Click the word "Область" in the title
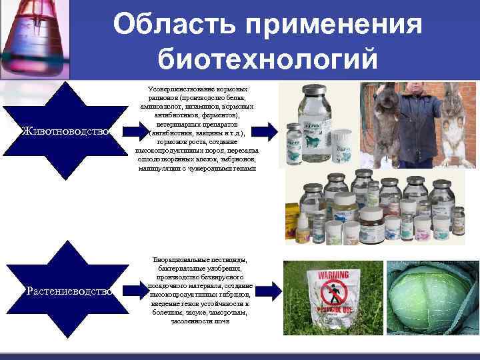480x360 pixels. [174, 25]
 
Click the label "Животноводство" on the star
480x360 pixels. [65, 131]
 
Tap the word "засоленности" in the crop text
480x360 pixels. [191, 321]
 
